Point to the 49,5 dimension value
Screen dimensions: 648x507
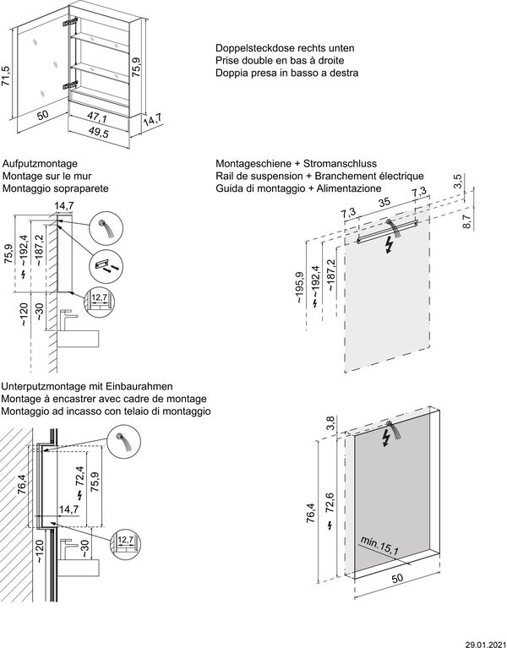coord(99,133)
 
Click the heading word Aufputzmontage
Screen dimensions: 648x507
coord(41,163)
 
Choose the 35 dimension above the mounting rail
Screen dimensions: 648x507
coord(384,204)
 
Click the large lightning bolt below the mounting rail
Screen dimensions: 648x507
coord(388,246)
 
